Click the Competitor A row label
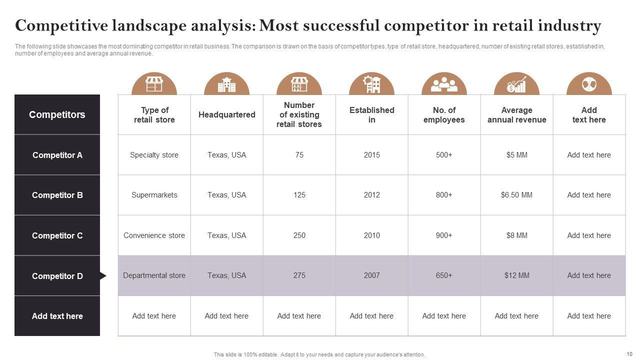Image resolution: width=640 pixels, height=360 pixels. click(x=57, y=155)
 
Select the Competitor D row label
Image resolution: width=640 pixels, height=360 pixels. click(x=57, y=276)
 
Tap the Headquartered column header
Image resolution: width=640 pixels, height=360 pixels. click(x=226, y=115)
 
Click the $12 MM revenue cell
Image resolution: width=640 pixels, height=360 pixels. click(x=516, y=275)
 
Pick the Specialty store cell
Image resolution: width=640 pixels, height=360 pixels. click(x=154, y=155)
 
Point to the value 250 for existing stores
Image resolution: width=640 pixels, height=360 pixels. click(x=299, y=235)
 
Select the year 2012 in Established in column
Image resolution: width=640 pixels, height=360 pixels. click(x=371, y=195)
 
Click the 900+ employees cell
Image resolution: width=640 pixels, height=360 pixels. click(x=444, y=235)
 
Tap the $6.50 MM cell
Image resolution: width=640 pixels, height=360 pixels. click(x=516, y=195)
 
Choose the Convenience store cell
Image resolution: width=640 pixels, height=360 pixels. click(x=154, y=235)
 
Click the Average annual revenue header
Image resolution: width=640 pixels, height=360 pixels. click(x=516, y=115)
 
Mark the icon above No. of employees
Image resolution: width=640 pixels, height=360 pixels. click(x=444, y=84)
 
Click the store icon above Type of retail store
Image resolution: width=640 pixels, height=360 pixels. click(x=154, y=84)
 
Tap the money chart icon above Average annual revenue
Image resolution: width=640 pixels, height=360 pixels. click(x=516, y=84)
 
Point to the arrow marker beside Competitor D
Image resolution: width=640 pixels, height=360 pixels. click(x=103, y=276)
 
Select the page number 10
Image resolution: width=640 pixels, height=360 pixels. click(x=629, y=354)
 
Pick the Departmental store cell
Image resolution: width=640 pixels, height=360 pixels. click(x=154, y=275)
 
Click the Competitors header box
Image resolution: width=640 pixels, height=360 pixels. click(x=57, y=114)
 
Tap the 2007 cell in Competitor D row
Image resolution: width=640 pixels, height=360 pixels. click(x=371, y=275)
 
